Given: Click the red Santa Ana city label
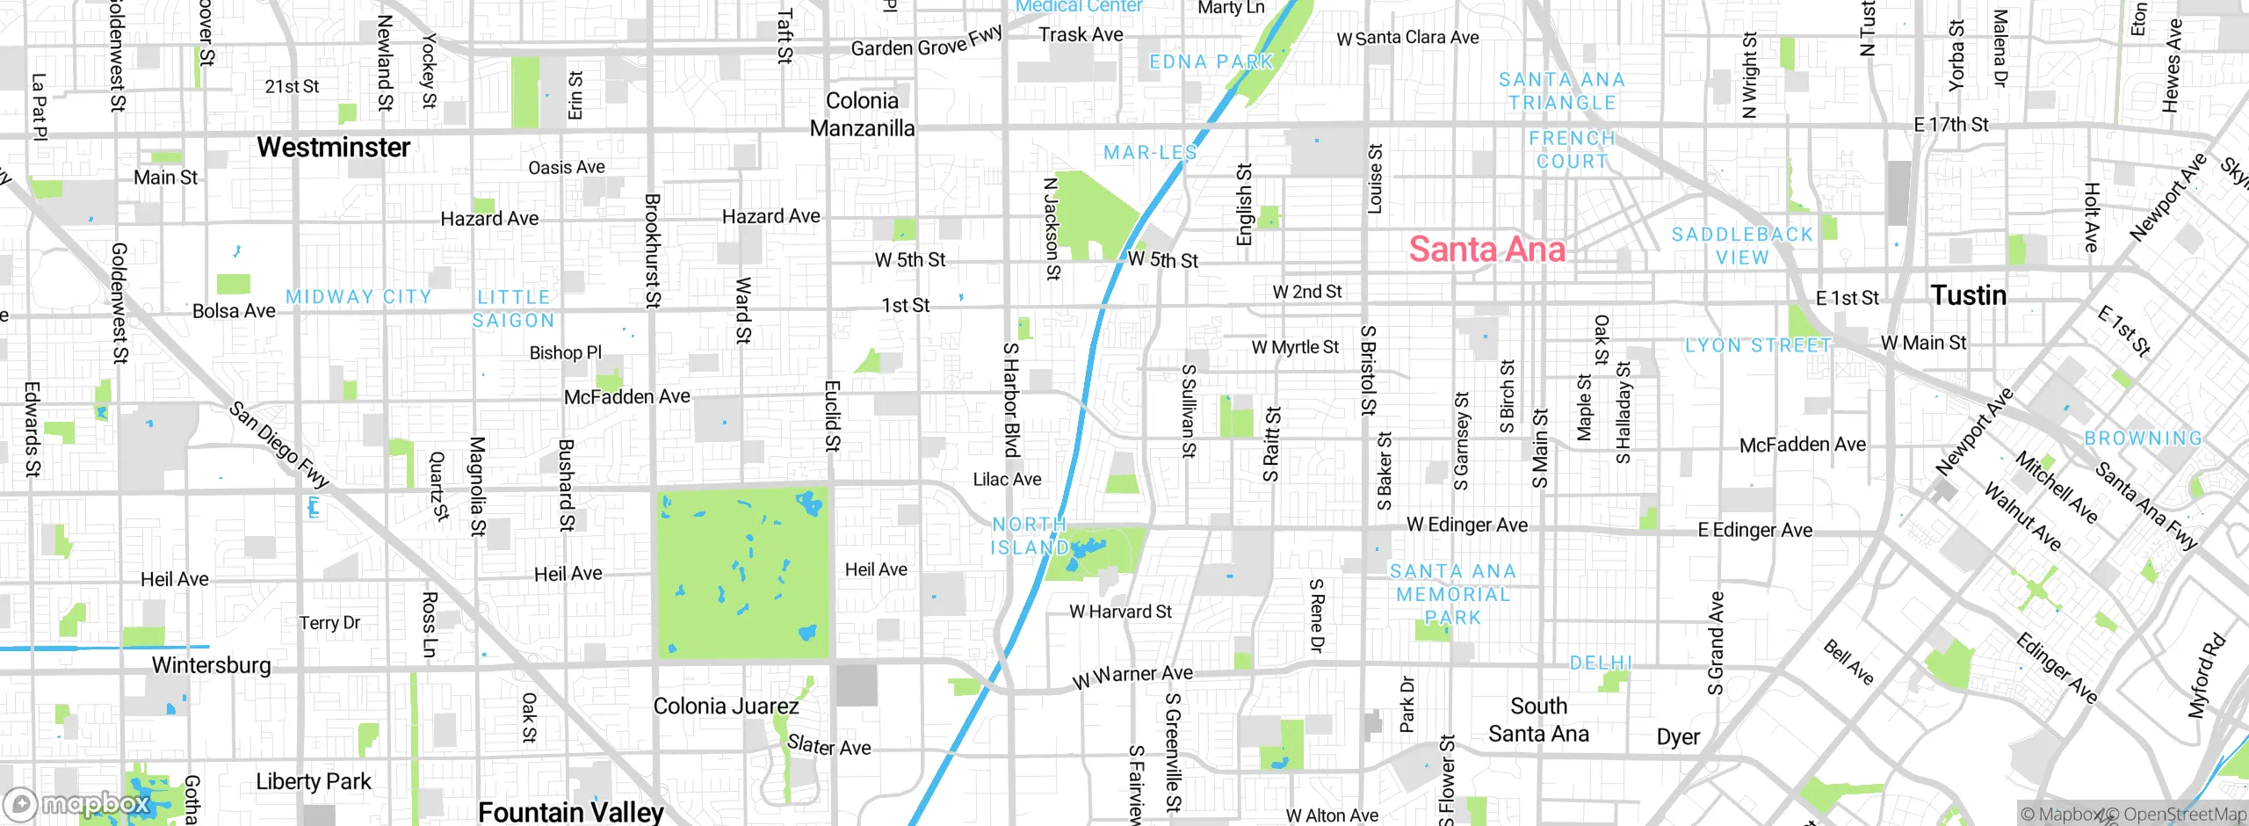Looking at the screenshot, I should click(1486, 250).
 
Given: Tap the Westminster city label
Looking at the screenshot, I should click(333, 148).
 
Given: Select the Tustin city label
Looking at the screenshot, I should click(1968, 295).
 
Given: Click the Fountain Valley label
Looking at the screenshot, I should click(570, 812).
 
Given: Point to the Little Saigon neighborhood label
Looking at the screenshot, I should click(514, 309).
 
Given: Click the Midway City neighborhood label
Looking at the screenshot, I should click(358, 297).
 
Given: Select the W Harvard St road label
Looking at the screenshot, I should click(1120, 612).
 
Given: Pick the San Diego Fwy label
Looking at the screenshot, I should click(278, 445).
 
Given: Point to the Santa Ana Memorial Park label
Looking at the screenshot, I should click(1453, 594).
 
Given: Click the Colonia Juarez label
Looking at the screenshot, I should click(726, 706).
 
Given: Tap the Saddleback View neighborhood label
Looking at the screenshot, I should click(1742, 246).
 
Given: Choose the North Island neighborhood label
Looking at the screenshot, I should click(1029, 536).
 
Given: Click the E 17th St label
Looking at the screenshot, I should click(1950, 125).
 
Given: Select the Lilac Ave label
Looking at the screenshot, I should click(1007, 480).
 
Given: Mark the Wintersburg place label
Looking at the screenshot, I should click(211, 665).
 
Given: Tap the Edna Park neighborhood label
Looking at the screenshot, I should click(1211, 62).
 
